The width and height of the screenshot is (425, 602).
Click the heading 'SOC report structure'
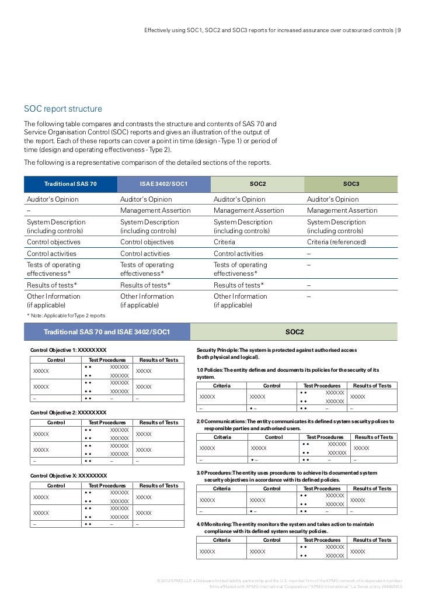pyautogui.click(x=62, y=109)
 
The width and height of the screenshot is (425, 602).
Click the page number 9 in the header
pyautogui.click(x=399, y=30)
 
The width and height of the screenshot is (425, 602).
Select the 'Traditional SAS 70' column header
pyautogui.click(x=71, y=184)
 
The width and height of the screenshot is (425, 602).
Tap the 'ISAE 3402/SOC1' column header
pyautogui.click(x=163, y=184)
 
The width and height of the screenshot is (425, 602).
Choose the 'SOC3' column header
pyautogui.click(x=351, y=184)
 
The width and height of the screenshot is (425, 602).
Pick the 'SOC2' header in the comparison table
pyautogui.click(x=257, y=184)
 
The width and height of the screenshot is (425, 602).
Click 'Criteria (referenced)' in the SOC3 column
pyautogui.click(x=335, y=242)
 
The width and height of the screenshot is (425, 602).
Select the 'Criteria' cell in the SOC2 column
pyautogui.click(x=224, y=242)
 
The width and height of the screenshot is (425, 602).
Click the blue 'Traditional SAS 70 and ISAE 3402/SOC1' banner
pyautogui.click(x=107, y=332)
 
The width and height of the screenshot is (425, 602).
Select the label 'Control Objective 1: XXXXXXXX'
pyautogui.click(x=68, y=350)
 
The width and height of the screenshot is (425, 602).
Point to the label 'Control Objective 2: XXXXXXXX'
pyautogui.click(x=68, y=413)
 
